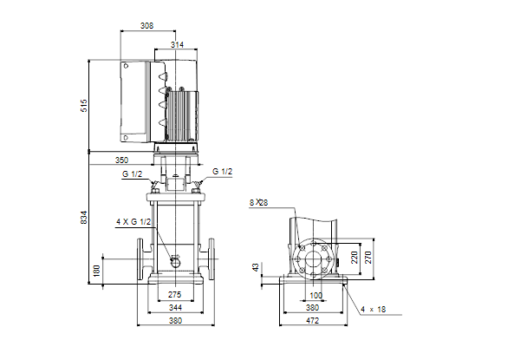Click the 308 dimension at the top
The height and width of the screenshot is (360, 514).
tap(146, 26)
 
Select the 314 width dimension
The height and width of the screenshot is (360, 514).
tap(177, 44)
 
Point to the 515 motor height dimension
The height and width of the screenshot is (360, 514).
tap(84, 106)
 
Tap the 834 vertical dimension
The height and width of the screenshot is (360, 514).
tap(84, 218)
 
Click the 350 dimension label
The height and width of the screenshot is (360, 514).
tap(121, 160)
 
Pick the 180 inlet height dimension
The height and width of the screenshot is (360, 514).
tap(96, 271)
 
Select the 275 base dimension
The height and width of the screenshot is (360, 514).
tap(175, 295)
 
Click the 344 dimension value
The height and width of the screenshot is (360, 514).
tap(175, 308)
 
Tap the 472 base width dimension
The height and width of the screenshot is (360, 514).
tap(312, 321)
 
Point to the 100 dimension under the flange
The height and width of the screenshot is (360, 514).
tap(316, 296)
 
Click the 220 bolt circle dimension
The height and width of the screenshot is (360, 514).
tap(355, 258)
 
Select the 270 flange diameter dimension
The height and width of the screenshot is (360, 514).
tap(368, 258)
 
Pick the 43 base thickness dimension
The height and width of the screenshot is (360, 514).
tap(256, 267)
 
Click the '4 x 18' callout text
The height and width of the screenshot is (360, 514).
tap(373, 310)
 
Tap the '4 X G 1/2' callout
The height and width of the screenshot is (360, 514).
tap(133, 222)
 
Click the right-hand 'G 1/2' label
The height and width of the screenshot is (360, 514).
tap(222, 172)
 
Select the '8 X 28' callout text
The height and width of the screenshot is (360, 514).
tap(258, 203)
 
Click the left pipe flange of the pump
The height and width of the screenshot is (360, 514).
tap(140, 259)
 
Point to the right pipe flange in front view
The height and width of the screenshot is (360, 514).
tap(211, 259)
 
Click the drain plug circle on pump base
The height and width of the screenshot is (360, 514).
tap(177, 263)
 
